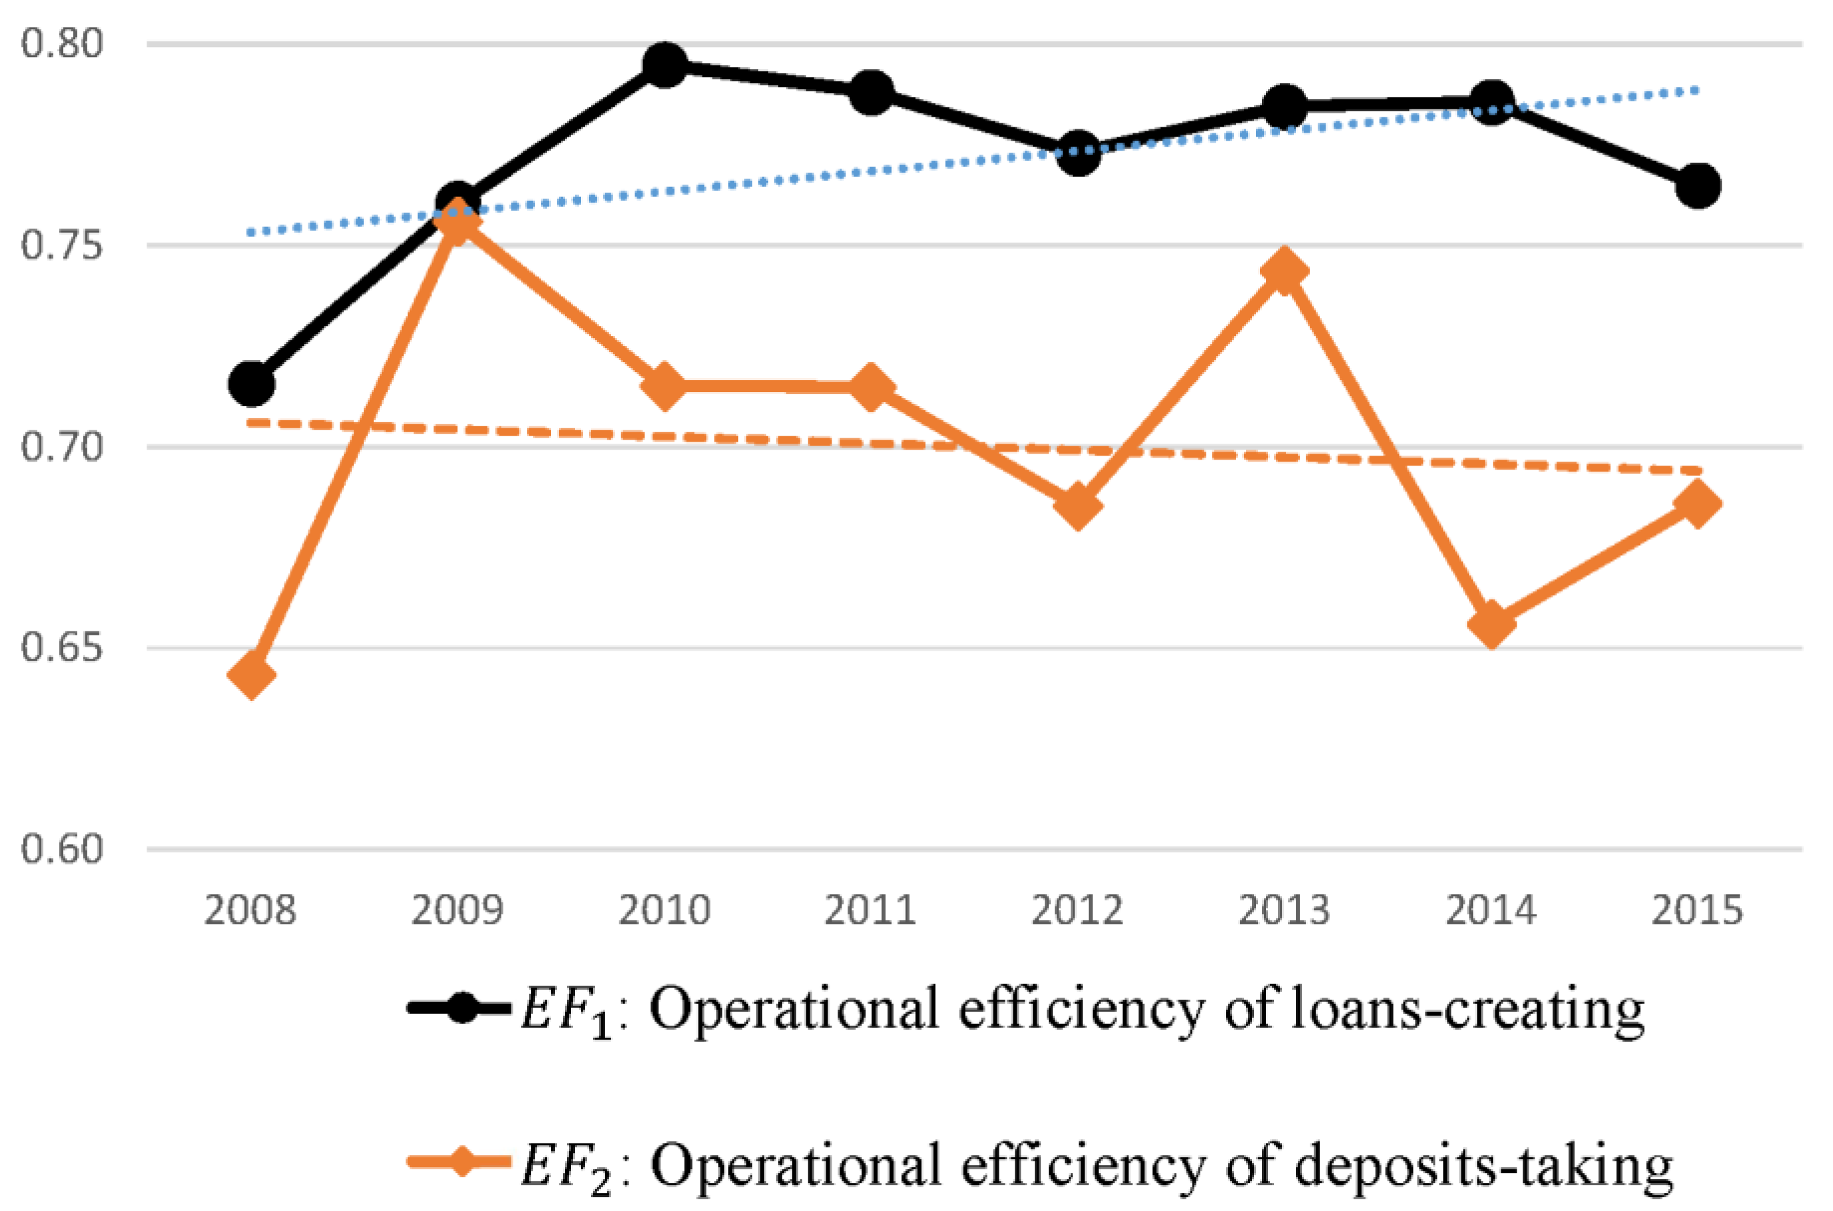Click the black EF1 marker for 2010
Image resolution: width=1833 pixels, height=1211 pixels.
click(x=664, y=65)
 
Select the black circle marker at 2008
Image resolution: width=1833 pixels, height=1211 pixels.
click(x=252, y=383)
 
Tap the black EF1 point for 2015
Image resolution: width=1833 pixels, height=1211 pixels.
click(x=1698, y=185)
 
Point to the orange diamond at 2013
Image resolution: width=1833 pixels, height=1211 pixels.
click(x=1284, y=271)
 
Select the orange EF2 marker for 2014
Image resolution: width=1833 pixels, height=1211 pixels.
click(x=1491, y=624)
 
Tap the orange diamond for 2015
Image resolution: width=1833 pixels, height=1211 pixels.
click(x=1698, y=503)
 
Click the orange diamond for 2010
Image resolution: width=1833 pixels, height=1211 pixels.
click(x=664, y=385)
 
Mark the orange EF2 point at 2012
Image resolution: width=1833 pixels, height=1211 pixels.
click(x=1078, y=506)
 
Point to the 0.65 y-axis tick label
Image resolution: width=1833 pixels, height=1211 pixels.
click(x=62, y=648)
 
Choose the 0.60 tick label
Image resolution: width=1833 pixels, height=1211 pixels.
click(x=62, y=850)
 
